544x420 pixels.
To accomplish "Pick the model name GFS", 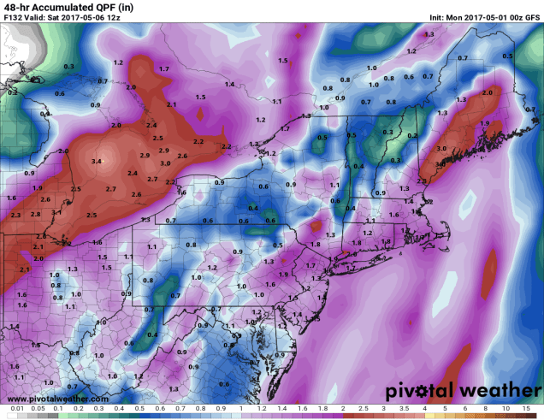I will (x=530, y=17).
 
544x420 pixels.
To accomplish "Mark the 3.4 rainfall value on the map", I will (x=97, y=161).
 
